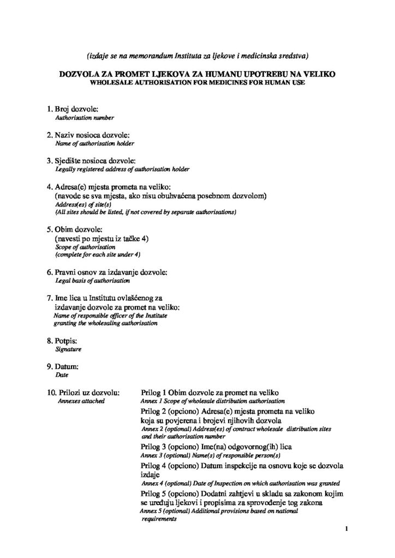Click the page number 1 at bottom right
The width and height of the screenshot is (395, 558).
tap(346, 528)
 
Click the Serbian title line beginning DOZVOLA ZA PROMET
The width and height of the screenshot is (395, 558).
tap(197, 73)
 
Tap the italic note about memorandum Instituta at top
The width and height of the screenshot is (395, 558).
tap(197, 55)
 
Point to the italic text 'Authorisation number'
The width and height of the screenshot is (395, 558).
tap(85, 118)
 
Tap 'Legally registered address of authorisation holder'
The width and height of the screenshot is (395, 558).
tap(123, 169)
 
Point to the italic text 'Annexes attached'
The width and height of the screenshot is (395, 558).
tap(81, 401)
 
